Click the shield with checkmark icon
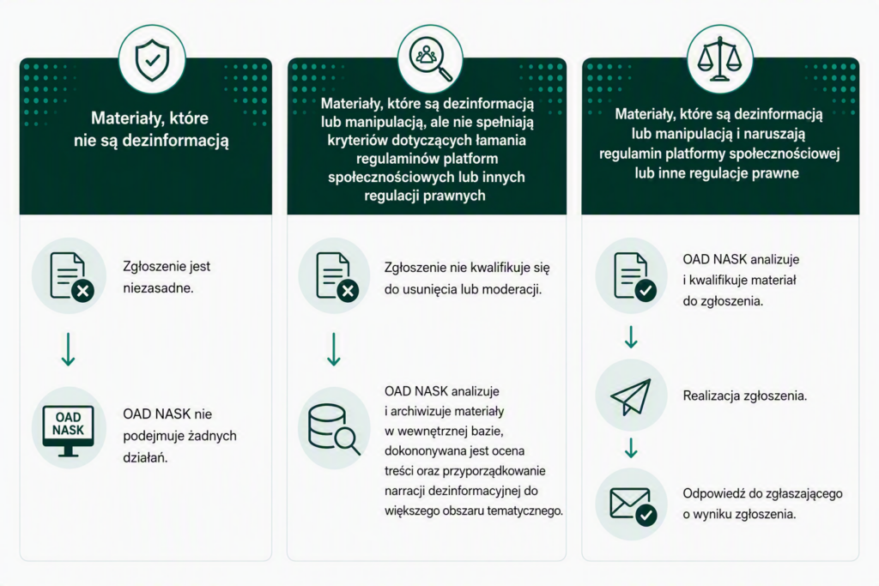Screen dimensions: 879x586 152,60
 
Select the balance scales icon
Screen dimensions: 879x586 719,59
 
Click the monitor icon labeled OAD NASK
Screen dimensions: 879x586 69,430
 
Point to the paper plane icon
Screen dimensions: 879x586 631,396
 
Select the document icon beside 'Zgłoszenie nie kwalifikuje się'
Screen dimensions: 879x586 337,277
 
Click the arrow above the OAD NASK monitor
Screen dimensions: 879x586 69,349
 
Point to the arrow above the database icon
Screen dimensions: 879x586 334,349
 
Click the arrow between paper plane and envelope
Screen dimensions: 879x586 631,448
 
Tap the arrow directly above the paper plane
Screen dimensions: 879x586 631,337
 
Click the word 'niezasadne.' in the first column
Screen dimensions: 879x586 158,288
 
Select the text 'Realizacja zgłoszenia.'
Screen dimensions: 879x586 744,396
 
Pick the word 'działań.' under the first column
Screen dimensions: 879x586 145,457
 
